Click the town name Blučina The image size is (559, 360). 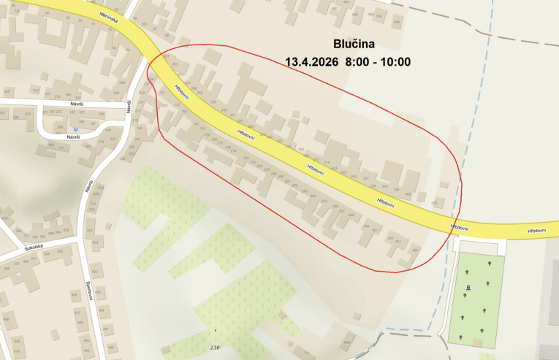[354, 43]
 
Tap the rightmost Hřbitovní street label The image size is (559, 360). [541, 231]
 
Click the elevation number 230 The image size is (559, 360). [214, 347]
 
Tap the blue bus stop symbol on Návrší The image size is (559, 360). [75, 129]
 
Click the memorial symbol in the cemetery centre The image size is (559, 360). [467, 288]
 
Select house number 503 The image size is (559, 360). [95, 242]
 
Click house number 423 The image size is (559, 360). [28, 114]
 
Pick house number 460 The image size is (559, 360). [415, 250]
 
